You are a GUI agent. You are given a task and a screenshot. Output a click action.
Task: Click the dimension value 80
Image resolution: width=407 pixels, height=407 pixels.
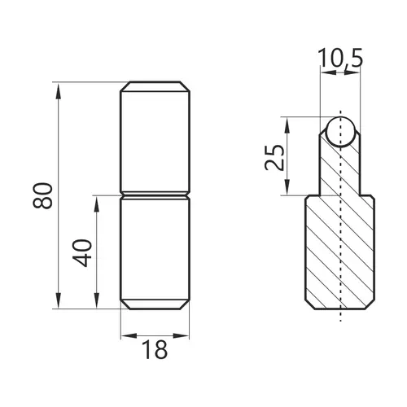point(42,195)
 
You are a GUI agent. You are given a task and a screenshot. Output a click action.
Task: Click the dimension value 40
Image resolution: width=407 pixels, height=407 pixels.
point(82,253)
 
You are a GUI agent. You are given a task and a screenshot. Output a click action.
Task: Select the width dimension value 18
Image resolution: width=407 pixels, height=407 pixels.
point(155,349)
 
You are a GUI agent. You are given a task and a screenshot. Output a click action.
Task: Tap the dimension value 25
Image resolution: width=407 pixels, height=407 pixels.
point(274,157)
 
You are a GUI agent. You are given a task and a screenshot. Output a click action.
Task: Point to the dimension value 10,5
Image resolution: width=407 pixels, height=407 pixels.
point(340,58)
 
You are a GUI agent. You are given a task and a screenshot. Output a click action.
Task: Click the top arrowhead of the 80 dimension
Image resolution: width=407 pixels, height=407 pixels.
point(59,91)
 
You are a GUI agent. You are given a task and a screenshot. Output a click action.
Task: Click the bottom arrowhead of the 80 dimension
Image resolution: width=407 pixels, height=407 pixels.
point(59,300)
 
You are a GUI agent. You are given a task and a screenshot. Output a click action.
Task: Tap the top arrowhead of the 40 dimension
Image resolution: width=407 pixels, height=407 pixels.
point(96,203)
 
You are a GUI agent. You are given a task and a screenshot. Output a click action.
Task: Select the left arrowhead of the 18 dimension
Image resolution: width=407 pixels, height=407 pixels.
point(129,336)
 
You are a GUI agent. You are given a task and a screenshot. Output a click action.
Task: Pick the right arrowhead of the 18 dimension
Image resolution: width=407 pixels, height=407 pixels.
point(181,336)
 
